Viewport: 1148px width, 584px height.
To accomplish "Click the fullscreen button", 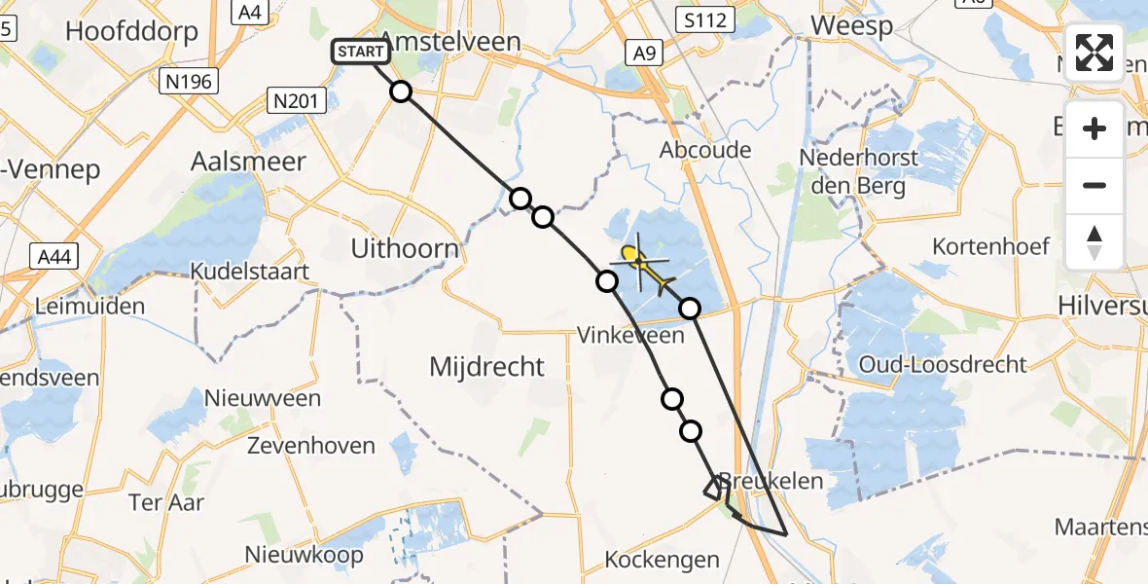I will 1094,53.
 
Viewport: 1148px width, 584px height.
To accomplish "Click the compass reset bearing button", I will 1094,242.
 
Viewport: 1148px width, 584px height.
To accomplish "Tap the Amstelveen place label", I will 449,40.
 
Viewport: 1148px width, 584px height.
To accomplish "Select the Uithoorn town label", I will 406,249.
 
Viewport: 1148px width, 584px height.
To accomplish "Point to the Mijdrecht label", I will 487,367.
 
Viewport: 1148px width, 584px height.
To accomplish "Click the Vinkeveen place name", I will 629,336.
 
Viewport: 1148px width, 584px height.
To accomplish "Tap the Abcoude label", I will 705,150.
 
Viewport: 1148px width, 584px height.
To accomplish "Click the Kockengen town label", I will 663,560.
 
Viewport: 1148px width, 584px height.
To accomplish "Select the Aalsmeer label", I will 249,162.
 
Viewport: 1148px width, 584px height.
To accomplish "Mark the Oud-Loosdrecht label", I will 943,365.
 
